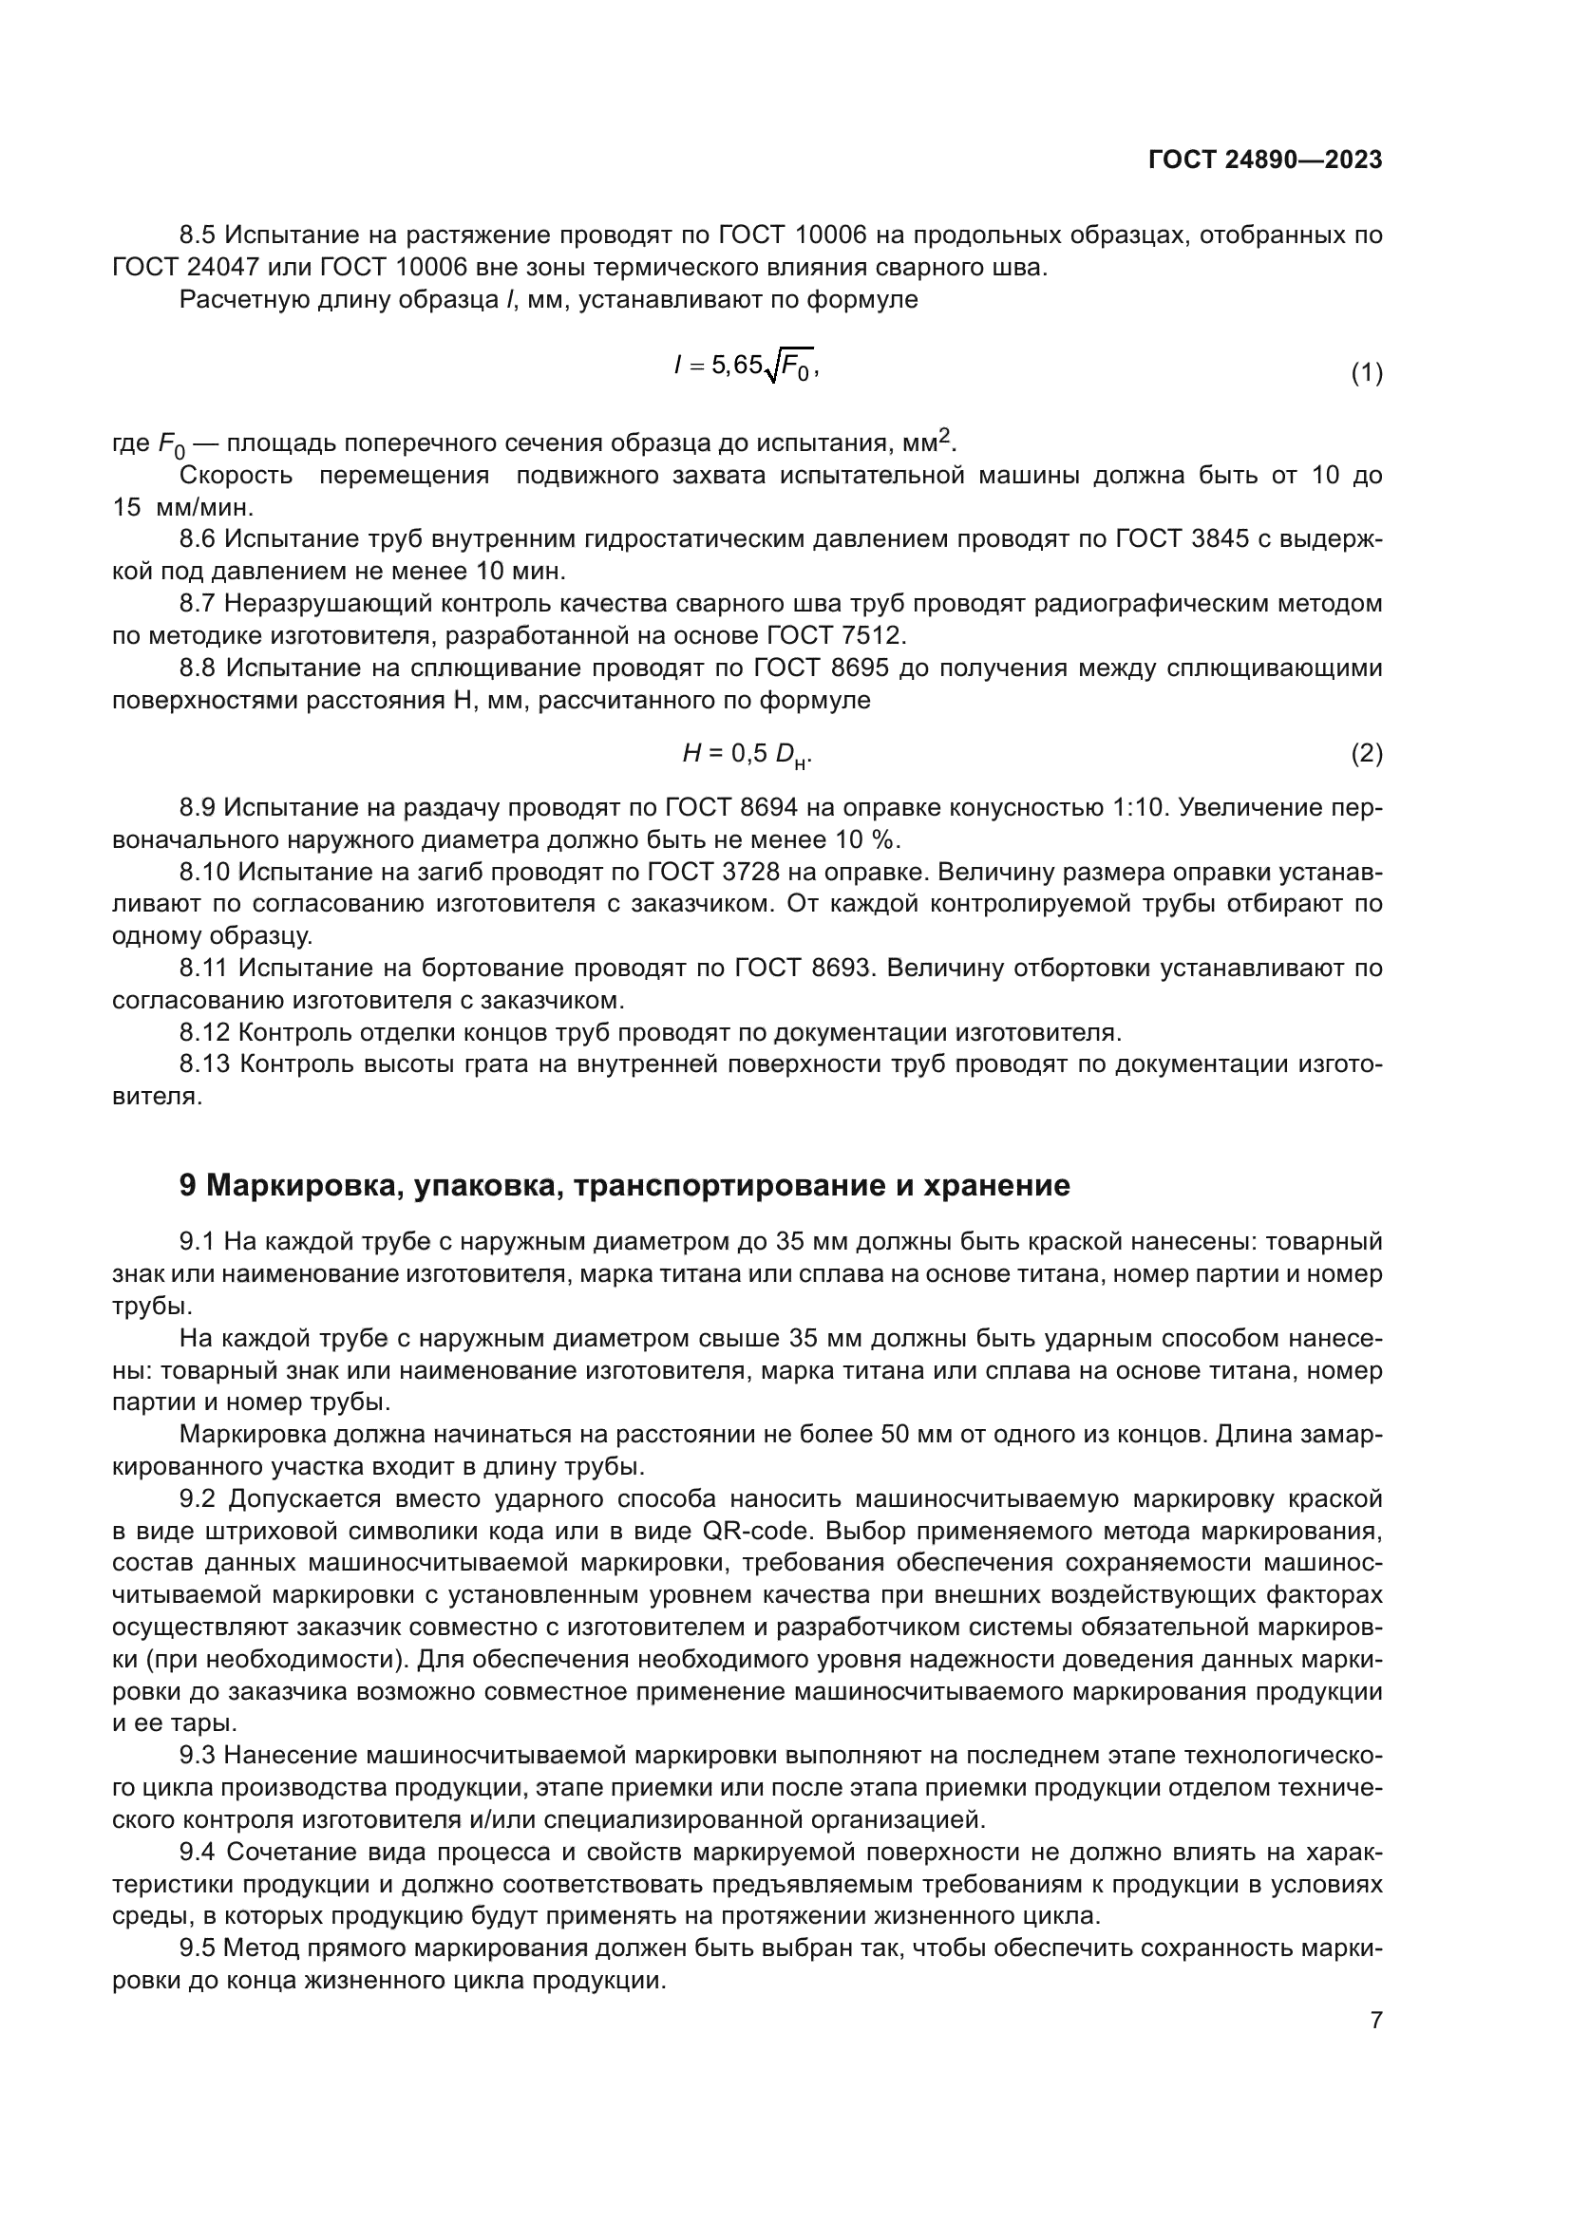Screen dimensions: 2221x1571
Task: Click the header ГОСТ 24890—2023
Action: (x=1264, y=160)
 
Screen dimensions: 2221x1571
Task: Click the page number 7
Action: (x=1375, y=2020)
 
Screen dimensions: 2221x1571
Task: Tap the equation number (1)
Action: (x=1366, y=373)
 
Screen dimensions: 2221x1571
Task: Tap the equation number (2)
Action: (x=1366, y=753)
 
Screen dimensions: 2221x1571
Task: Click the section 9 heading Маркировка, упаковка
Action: (x=625, y=1185)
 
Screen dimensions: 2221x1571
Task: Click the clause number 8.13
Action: (x=204, y=1064)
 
